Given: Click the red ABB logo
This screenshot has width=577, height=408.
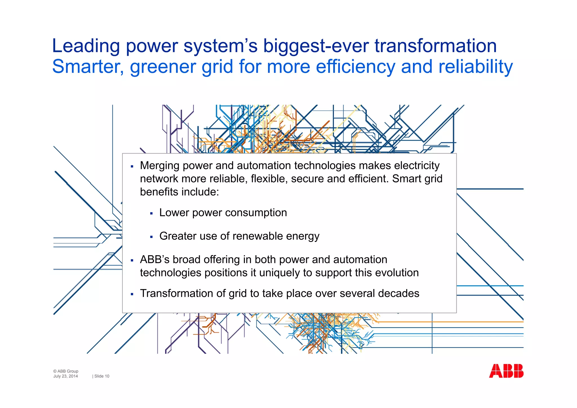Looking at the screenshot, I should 506,371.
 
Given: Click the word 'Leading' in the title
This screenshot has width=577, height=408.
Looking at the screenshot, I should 86,46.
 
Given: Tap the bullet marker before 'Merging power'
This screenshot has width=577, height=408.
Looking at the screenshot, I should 132,167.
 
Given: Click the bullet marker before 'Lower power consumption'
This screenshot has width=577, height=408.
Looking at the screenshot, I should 151,214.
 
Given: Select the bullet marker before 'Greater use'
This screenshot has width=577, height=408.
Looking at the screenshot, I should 151,237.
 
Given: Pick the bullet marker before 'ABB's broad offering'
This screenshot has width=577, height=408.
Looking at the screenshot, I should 132,261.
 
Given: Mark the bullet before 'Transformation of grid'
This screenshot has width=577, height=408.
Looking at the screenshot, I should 132,294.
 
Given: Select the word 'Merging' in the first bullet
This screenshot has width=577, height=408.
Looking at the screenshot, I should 160,166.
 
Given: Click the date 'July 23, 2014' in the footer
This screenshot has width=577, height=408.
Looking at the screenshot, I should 66,376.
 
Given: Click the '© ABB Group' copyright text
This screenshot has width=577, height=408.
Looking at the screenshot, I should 66,371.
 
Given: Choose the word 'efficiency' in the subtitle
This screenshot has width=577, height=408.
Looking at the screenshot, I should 356,67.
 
